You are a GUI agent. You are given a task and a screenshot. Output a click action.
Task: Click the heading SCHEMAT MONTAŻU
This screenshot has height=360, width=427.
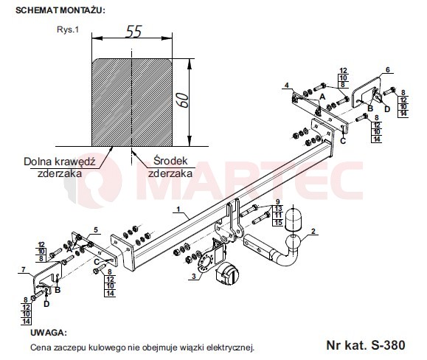60,10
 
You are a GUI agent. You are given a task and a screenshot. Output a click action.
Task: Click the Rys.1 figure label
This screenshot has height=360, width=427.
68,30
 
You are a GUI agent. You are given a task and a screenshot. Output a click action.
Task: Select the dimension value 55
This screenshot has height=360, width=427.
133,31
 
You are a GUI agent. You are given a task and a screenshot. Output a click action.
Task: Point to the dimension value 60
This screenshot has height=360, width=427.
182,100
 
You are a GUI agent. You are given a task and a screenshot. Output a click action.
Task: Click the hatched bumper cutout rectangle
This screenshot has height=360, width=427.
132,103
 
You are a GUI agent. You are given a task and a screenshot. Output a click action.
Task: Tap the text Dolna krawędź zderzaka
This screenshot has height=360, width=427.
60,167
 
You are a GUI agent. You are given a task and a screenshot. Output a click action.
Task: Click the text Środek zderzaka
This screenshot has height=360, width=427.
170,167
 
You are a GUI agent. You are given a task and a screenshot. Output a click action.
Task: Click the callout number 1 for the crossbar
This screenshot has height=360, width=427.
178,209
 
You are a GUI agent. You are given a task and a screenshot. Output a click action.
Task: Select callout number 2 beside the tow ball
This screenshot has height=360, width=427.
313,231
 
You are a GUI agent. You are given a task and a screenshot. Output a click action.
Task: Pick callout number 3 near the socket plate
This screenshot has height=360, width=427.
194,277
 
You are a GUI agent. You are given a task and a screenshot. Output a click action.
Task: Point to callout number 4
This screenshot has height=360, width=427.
286,86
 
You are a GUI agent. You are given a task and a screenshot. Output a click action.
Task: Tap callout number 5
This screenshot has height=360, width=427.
96,230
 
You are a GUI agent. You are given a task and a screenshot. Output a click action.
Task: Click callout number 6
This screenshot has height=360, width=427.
388,69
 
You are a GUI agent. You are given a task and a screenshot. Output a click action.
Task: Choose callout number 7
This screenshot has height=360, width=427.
24,269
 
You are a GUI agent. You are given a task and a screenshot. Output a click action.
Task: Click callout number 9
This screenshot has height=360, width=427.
278,202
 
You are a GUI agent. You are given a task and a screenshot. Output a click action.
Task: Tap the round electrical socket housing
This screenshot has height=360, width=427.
227,274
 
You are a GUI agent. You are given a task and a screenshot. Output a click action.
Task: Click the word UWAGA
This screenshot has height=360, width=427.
48,333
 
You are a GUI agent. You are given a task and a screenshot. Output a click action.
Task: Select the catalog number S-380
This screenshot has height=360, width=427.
389,345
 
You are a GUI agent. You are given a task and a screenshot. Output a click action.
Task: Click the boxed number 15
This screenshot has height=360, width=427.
278,223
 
